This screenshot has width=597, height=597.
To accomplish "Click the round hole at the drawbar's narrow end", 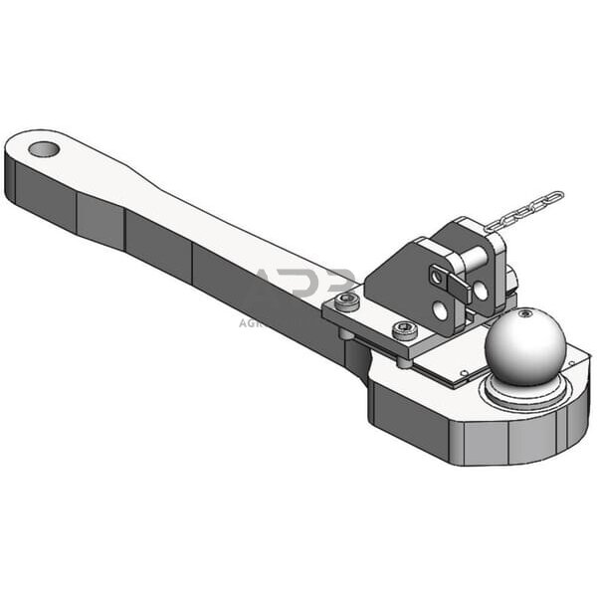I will click(43, 150).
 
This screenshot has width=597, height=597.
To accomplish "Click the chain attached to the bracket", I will click(525, 211).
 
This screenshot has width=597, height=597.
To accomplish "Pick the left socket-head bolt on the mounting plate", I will click(346, 301).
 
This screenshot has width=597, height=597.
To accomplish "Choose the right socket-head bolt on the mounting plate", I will click(404, 330).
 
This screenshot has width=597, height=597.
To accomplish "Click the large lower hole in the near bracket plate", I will click(440, 311).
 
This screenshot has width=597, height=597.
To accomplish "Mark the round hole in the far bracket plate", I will click(481, 291).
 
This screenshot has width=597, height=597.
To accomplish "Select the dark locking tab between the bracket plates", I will click(459, 290).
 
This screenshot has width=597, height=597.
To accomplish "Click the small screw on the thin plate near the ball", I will click(463, 375).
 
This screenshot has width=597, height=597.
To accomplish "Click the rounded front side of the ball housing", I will click(468, 438).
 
